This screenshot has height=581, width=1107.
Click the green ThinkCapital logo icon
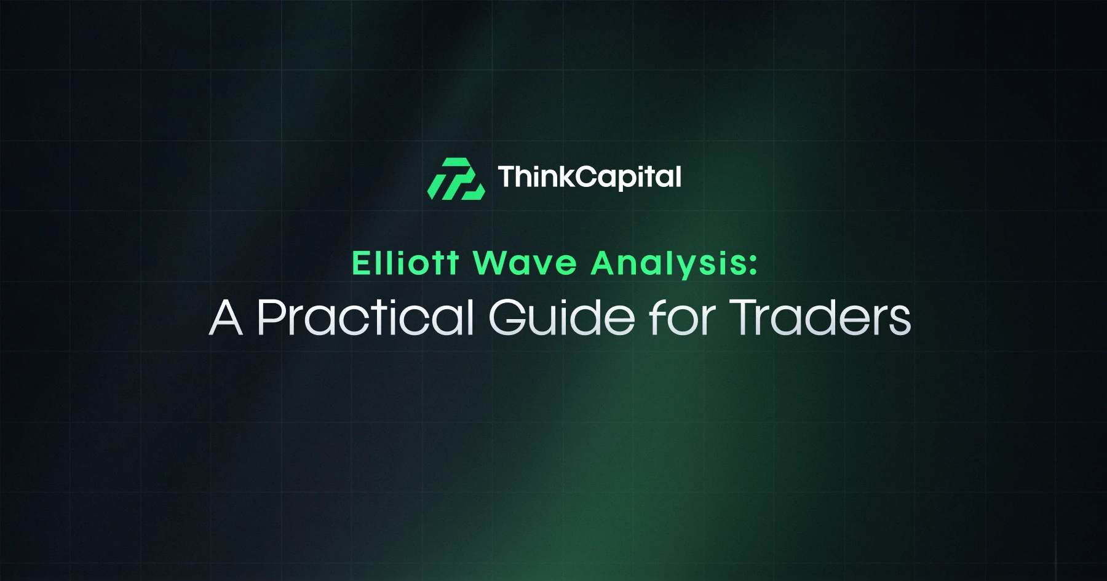[456, 179]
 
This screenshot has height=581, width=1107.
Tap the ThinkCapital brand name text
[589, 177]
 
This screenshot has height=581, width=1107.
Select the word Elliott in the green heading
[405, 263]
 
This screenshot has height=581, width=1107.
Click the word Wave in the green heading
[525, 263]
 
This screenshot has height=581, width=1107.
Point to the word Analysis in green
[667, 264]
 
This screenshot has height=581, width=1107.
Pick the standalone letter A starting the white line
[226, 317]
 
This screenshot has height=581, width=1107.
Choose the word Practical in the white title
[366, 317]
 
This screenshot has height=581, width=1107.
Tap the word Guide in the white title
[561, 317]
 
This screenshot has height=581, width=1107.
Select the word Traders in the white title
[820, 317]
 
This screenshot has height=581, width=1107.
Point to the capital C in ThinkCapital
[587, 177]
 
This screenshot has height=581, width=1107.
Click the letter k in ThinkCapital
[566, 177]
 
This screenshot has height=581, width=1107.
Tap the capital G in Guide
[507, 317]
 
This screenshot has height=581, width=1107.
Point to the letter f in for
[657, 317]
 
